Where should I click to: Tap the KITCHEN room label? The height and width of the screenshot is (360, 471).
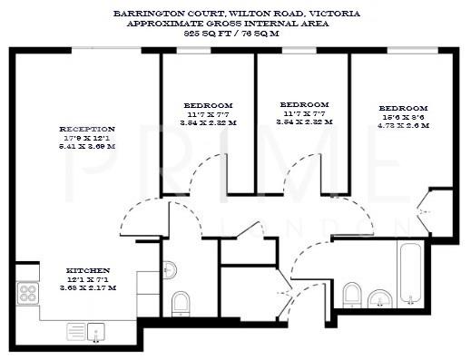(x=88, y=270)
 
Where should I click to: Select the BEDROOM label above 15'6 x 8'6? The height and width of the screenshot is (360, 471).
(x=403, y=108)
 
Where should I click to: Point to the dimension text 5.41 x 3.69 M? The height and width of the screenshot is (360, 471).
(x=87, y=147)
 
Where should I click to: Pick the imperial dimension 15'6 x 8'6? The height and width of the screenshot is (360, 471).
(x=403, y=117)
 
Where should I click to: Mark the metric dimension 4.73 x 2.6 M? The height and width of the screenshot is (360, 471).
(x=403, y=126)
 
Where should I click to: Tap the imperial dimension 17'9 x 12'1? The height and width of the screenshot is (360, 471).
(x=87, y=138)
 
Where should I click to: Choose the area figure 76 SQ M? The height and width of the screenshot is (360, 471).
(x=265, y=32)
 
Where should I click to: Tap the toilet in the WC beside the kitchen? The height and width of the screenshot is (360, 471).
(x=181, y=302)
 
